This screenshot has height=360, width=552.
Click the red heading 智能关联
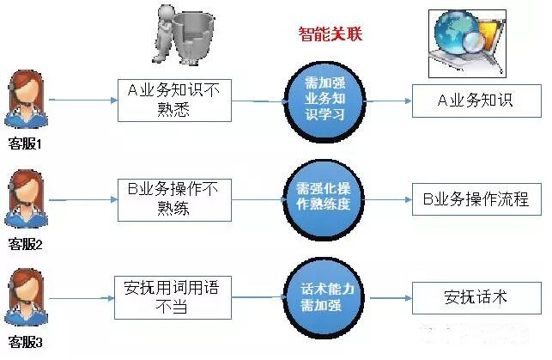(330, 34)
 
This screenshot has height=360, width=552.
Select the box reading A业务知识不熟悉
(174, 101)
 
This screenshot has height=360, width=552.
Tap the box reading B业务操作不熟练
(174, 200)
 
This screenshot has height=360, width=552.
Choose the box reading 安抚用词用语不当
(173, 297)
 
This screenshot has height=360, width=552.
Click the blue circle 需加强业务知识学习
(325, 101)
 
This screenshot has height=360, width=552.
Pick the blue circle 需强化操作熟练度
(324, 199)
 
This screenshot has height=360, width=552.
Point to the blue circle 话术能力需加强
(324, 297)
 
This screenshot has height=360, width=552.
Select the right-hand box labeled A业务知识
(476, 101)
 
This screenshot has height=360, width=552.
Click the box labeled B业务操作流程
(476, 199)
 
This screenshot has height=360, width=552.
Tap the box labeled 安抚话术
(476, 298)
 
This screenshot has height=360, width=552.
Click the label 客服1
(25, 143)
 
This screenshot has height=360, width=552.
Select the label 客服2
(25, 244)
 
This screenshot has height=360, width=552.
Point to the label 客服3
(25, 342)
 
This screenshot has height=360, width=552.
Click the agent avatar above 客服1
(26, 99)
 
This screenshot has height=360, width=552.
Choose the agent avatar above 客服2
(26, 198)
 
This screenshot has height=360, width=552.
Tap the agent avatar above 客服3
(26, 297)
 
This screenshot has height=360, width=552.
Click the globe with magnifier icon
(467, 43)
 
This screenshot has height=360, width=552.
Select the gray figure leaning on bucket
(183, 34)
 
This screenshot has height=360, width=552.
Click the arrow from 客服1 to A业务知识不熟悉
(83, 101)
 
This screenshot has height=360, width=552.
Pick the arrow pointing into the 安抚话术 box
(391, 298)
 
